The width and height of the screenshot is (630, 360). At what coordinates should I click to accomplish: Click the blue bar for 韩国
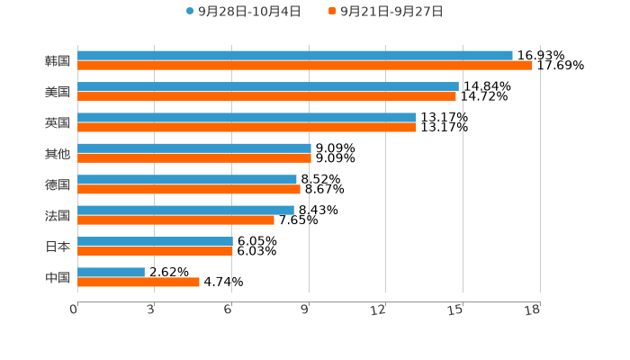pyautogui.click(x=294, y=56)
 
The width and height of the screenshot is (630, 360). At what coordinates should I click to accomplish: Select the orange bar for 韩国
pyautogui.click(x=304, y=66)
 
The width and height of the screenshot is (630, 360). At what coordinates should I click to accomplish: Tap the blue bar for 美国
pyautogui.click(x=267, y=86)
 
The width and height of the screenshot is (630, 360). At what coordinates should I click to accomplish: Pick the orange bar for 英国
pyautogui.click(x=247, y=128)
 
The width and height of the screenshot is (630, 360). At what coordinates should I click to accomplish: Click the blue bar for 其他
pyautogui.click(x=193, y=148)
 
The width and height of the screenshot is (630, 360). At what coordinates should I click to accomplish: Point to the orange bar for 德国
pyautogui.click(x=188, y=189)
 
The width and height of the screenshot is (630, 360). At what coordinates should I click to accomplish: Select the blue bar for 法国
pyautogui.click(x=185, y=211)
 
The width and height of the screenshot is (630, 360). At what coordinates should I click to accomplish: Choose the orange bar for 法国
pyautogui.click(x=175, y=220)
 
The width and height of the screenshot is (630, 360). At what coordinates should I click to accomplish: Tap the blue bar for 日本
pyautogui.click(x=155, y=241)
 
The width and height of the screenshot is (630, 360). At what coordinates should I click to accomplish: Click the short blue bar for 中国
pyautogui.click(x=111, y=272)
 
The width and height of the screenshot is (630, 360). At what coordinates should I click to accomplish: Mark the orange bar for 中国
pyautogui.click(x=138, y=283)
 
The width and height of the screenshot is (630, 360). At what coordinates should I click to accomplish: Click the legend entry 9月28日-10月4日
pyautogui.click(x=243, y=12)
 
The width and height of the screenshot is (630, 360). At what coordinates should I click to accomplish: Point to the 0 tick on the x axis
pyautogui.click(x=75, y=310)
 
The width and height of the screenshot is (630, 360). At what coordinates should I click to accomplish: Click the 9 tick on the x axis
pyautogui.click(x=306, y=310)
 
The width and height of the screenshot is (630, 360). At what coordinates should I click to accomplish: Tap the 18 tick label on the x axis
pyautogui.click(x=533, y=310)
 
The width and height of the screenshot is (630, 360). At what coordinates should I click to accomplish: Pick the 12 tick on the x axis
pyautogui.click(x=379, y=310)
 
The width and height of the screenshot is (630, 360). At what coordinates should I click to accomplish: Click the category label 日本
pyautogui.click(x=58, y=247)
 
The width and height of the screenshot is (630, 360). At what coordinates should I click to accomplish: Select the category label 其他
pyautogui.click(x=58, y=154)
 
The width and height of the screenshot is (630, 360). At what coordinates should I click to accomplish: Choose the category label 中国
pyautogui.click(x=58, y=277)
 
